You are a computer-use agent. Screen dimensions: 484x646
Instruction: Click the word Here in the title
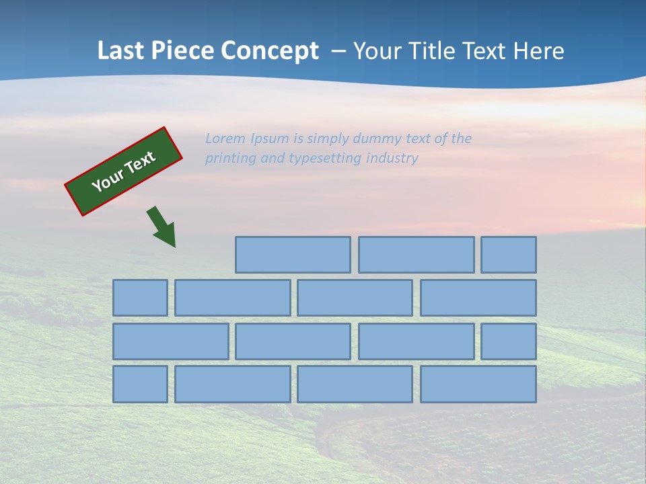pyautogui.click(x=538, y=50)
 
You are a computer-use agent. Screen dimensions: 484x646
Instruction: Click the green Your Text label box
pyautogui.click(x=124, y=171)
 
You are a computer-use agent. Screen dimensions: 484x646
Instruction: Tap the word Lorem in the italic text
pyautogui.click(x=225, y=138)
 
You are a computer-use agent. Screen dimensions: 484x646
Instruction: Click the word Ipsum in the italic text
pyautogui.click(x=270, y=138)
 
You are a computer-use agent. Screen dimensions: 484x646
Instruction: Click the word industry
pyautogui.click(x=392, y=159)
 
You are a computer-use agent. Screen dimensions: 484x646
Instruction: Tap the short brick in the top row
pyautogui.click(x=509, y=255)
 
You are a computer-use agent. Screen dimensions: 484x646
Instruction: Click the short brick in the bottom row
pyautogui.click(x=140, y=384)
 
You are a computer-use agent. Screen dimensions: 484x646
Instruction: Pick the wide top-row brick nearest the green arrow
pyautogui.click(x=293, y=255)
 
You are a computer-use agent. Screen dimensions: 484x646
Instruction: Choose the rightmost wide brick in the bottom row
pyautogui.click(x=478, y=384)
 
